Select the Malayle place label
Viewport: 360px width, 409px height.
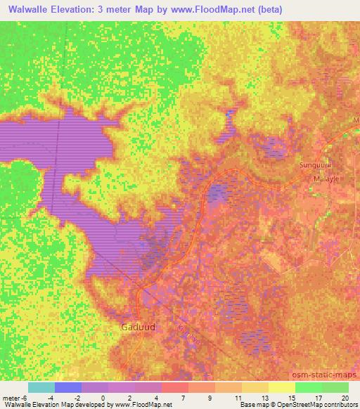(326, 179)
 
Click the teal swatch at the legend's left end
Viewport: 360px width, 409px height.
(41, 387)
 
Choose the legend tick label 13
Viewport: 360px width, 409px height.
(263, 397)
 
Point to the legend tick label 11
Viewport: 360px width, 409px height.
(237, 397)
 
